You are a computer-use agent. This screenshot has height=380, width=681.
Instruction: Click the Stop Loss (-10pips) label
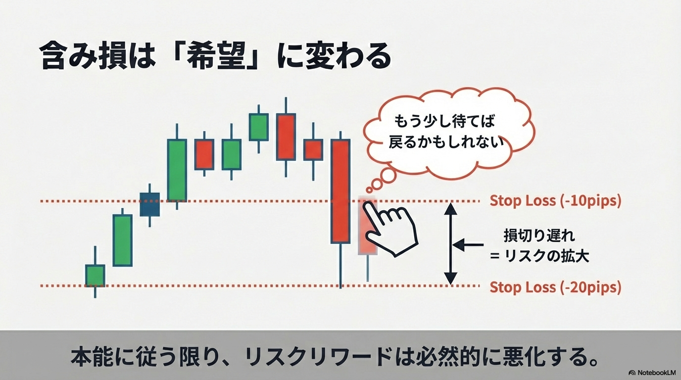click(x=555, y=201)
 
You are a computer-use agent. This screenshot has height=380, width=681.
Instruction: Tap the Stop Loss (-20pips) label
click(x=555, y=287)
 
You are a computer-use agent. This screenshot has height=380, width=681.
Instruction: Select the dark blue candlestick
click(x=149, y=204)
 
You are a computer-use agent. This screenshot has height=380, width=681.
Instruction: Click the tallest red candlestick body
click(x=340, y=191)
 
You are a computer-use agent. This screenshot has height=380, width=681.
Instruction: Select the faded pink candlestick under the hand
click(x=367, y=226)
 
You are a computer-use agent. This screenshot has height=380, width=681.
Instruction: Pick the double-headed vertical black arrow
click(x=450, y=244)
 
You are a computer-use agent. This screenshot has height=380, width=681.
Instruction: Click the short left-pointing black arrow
click(x=468, y=244)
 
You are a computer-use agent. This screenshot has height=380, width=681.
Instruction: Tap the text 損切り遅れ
click(x=539, y=236)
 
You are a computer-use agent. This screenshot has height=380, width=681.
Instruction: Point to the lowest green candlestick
click(x=95, y=276)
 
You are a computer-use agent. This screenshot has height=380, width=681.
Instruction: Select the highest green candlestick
click(x=258, y=127)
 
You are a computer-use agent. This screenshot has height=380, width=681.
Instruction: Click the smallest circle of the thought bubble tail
click(x=369, y=190)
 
